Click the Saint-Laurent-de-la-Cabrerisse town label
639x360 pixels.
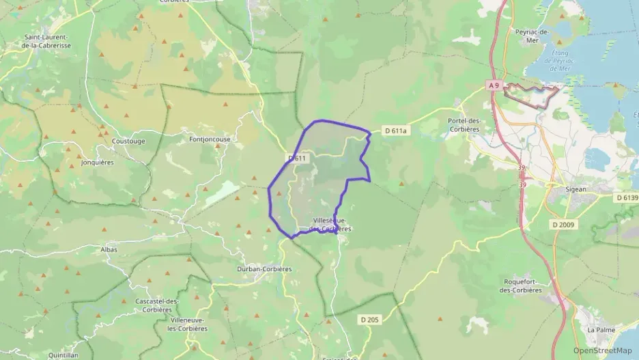coord(47,41)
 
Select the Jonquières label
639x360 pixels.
coord(97,163)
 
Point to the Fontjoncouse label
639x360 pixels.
coord(210,139)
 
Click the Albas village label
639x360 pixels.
coord(108,249)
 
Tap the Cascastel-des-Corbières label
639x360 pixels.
coord(158,305)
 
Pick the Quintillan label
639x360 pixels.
coord(64,355)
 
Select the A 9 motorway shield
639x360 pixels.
coord(495,85)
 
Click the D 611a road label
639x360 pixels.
coord(395,130)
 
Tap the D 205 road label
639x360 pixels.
coord(369,319)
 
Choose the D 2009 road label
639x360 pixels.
coord(563,224)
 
